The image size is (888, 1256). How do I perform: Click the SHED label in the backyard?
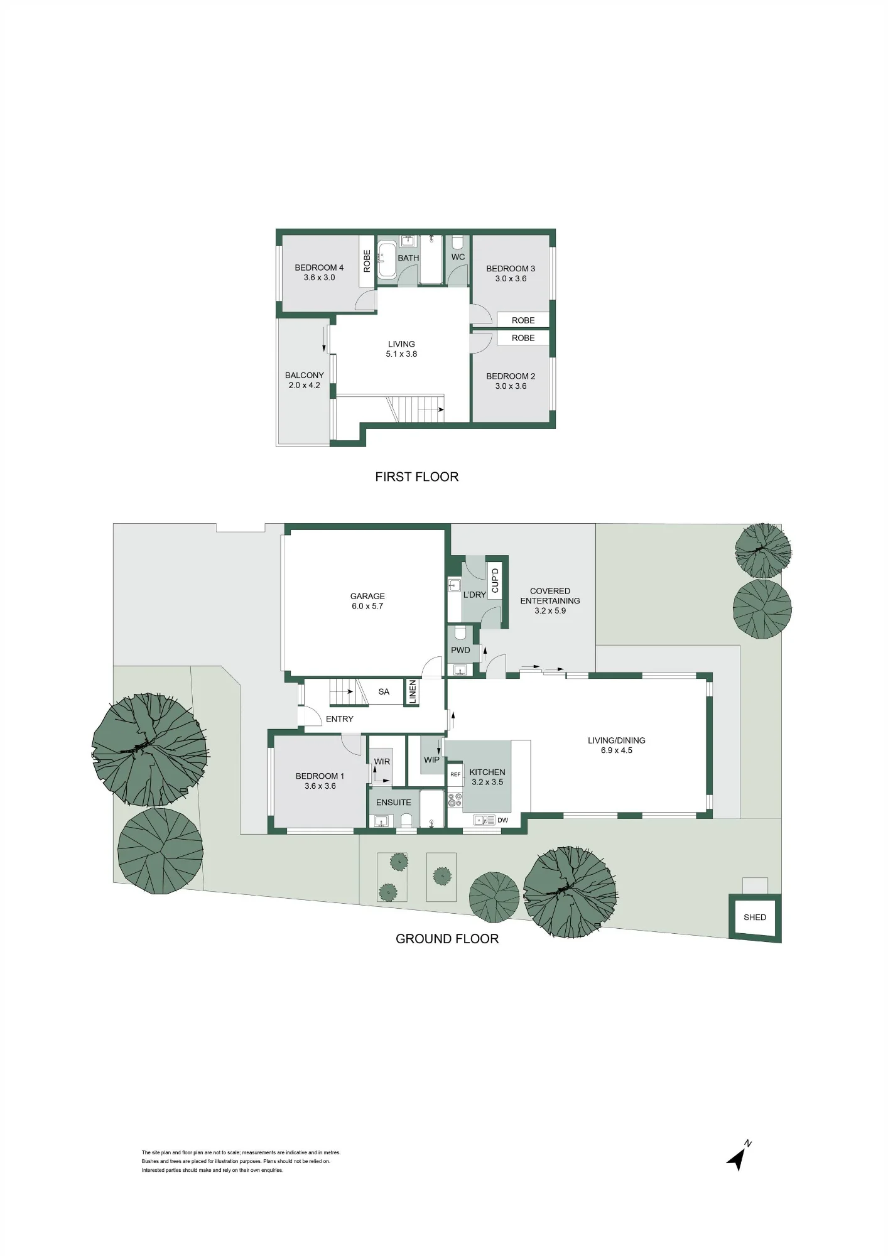click(x=754, y=917)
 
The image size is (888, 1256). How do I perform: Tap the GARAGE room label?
click(x=367, y=596)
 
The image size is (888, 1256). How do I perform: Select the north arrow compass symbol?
click(x=739, y=1156)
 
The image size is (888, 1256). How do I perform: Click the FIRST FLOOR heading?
click(x=416, y=477)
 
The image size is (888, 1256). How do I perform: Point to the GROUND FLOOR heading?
click(x=447, y=939)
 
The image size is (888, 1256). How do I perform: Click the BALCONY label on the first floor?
click(x=305, y=375)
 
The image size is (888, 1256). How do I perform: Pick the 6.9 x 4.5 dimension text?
click(x=616, y=750)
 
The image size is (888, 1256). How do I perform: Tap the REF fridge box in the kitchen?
click(x=455, y=774)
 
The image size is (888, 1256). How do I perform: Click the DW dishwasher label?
click(x=502, y=820)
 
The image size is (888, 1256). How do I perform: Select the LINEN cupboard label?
click(x=413, y=691)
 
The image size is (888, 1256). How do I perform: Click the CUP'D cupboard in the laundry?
click(x=495, y=581)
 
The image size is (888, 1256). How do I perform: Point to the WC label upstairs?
click(x=458, y=257)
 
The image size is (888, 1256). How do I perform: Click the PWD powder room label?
click(x=460, y=650)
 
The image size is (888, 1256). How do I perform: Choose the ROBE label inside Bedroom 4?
click(x=367, y=261)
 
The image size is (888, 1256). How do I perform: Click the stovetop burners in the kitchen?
click(x=455, y=800)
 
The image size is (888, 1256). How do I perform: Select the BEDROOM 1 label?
click(x=320, y=776)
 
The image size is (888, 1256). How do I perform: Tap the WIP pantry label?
click(x=431, y=759)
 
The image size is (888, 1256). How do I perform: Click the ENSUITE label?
click(x=394, y=802)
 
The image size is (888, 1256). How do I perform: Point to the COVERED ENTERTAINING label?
click(x=550, y=595)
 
